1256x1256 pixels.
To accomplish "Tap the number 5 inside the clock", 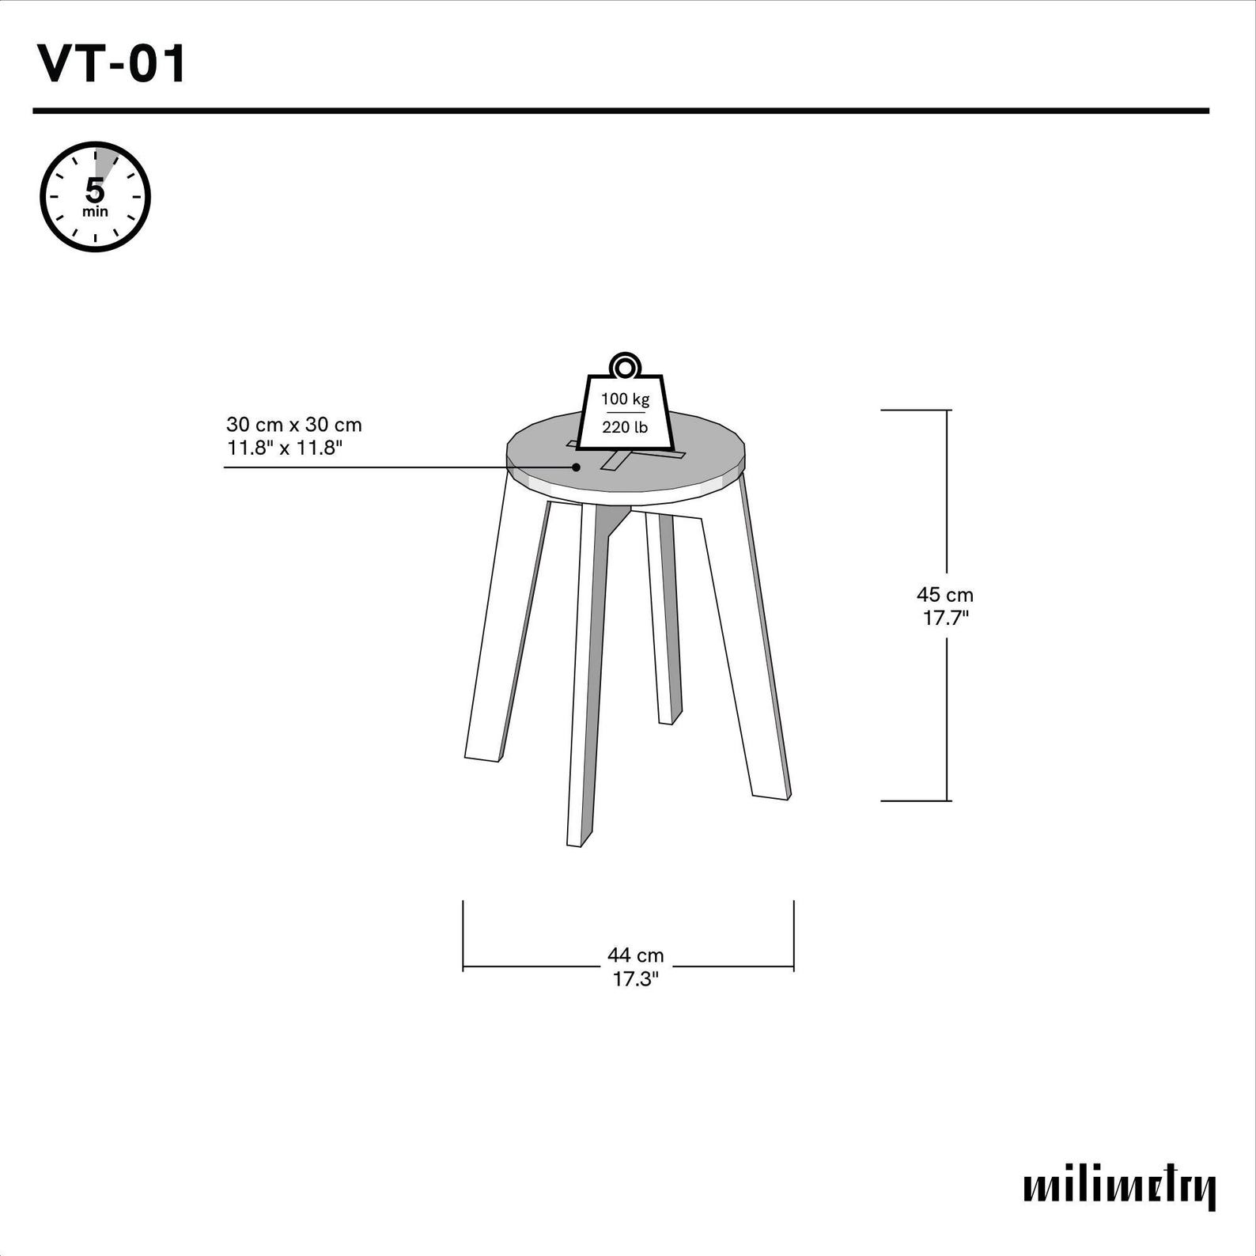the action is (95, 191).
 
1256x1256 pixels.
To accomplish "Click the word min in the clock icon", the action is (95, 212).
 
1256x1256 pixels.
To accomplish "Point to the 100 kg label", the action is (625, 399).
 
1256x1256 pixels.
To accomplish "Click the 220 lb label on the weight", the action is (625, 427).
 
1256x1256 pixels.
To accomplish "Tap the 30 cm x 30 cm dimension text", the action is (294, 425).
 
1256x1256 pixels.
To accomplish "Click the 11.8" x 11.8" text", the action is (285, 448).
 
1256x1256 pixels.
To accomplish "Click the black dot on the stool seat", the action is (576, 467).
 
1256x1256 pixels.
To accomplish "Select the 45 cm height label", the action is (945, 595).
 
